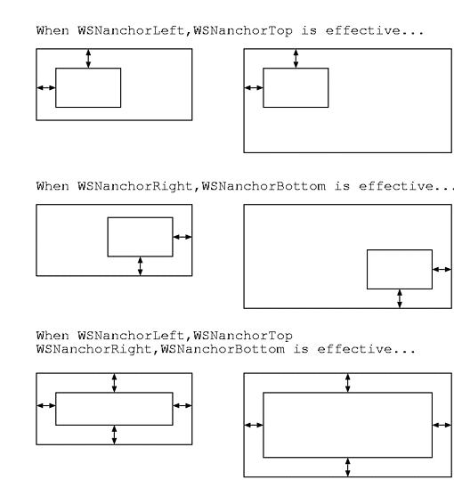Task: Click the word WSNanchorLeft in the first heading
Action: (x=131, y=30)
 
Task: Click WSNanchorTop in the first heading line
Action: (x=243, y=31)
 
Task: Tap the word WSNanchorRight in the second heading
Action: (x=135, y=186)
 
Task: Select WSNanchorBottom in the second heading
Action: (x=263, y=186)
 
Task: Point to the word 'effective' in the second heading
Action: (x=396, y=186)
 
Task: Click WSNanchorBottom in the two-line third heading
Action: (x=223, y=349)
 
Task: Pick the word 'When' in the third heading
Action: (x=53, y=336)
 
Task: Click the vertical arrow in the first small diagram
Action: (x=88, y=59)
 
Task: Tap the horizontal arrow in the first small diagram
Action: (x=46, y=88)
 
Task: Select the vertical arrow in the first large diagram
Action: (x=296, y=59)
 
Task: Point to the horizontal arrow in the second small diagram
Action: (x=182, y=237)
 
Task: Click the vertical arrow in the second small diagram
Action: (x=140, y=266)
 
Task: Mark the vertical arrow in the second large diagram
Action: (x=400, y=298)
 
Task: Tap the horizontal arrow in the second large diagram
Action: (x=442, y=269)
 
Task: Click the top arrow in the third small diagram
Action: (x=114, y=383)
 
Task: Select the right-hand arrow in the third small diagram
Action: (x=182, y=405)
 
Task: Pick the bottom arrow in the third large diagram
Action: (x=347, y=468)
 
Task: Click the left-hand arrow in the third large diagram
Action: (x=254, y=425)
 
